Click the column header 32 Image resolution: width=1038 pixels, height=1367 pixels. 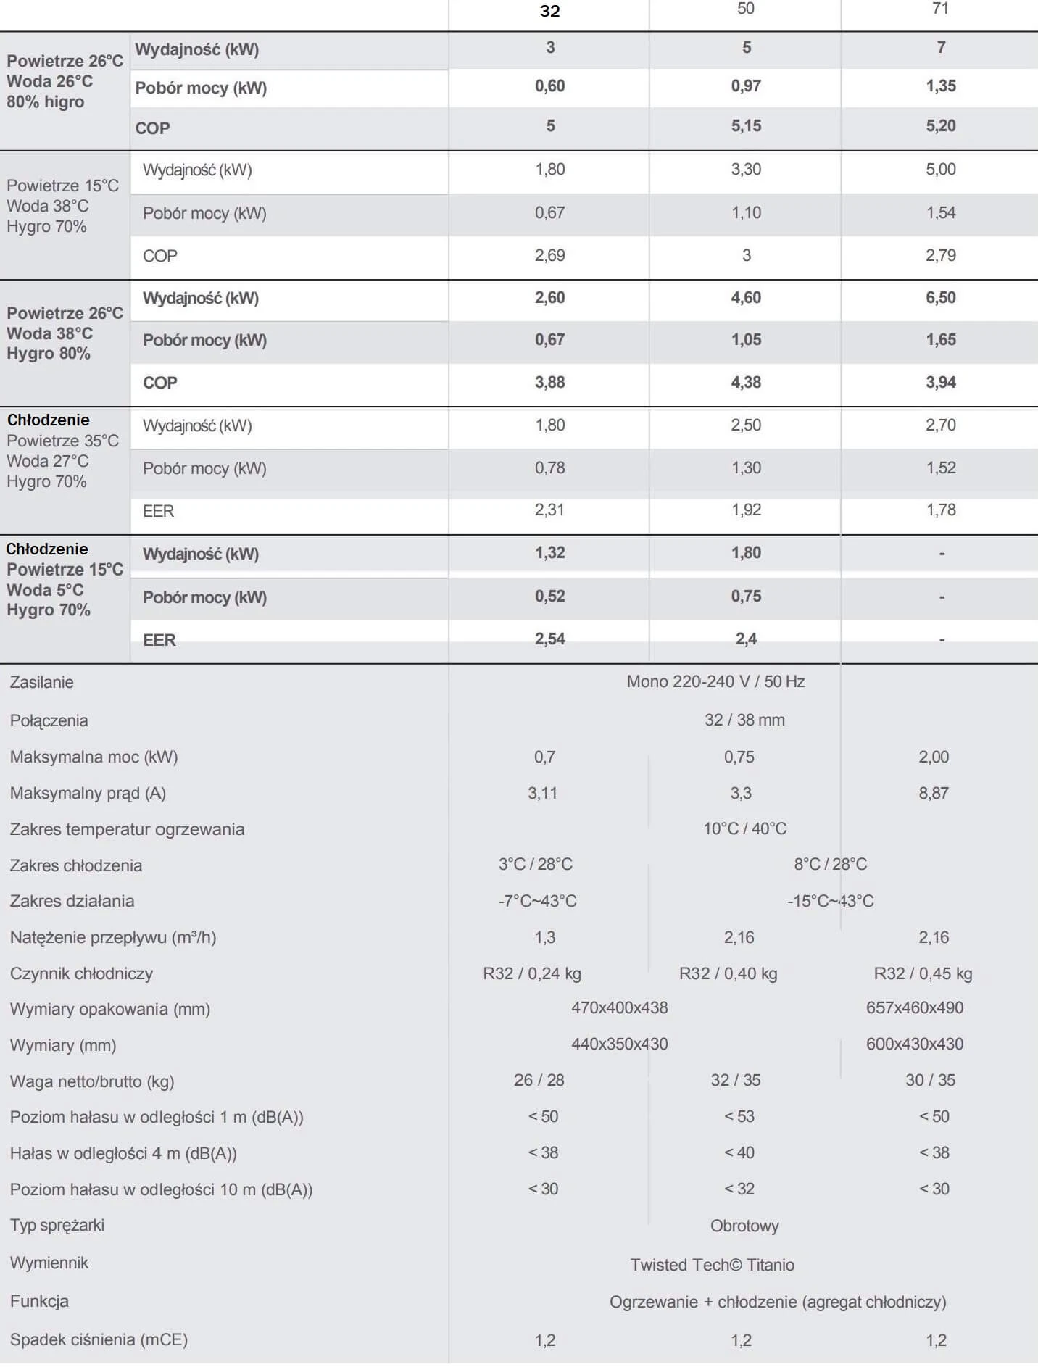click(x=549, y=11)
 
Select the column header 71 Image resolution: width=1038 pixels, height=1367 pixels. click(x=940, y=9)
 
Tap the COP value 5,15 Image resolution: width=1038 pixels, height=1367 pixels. click(x=746, y=126)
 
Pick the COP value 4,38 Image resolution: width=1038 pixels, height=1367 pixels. click(x=746, y=382)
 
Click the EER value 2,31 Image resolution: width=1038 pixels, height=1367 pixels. click(x=549, y=510)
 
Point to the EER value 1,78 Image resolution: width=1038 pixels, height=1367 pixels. click(x=941, y=510)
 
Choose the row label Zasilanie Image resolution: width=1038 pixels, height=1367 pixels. click(x=42, y=682)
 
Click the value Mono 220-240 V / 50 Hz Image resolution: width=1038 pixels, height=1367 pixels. click(x=715, y=681)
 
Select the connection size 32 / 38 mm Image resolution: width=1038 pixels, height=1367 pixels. click(x=744, y=720)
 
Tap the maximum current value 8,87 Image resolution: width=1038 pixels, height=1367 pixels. click(x=934, y=793)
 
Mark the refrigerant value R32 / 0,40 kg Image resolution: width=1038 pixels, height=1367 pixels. click(x=728, y=973)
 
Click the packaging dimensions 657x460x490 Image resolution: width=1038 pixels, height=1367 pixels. click(x=915, y=1007)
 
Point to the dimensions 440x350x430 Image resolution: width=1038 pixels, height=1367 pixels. click(x=619, y=1044)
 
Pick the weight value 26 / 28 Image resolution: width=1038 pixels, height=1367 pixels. click(x=539, y=1080)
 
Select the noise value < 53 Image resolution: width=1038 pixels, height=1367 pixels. click(x=739, y=1116)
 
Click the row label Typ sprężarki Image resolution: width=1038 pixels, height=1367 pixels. click(x=57, y=1225)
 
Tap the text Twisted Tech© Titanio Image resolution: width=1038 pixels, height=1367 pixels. click(x=712, y=1265)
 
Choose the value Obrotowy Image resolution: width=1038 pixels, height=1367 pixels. click(x=744, y=1226)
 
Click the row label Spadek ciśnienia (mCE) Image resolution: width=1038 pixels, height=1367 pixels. click(x=99, y=1339)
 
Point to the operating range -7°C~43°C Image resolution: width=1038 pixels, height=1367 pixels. click(x=537, y=901)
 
